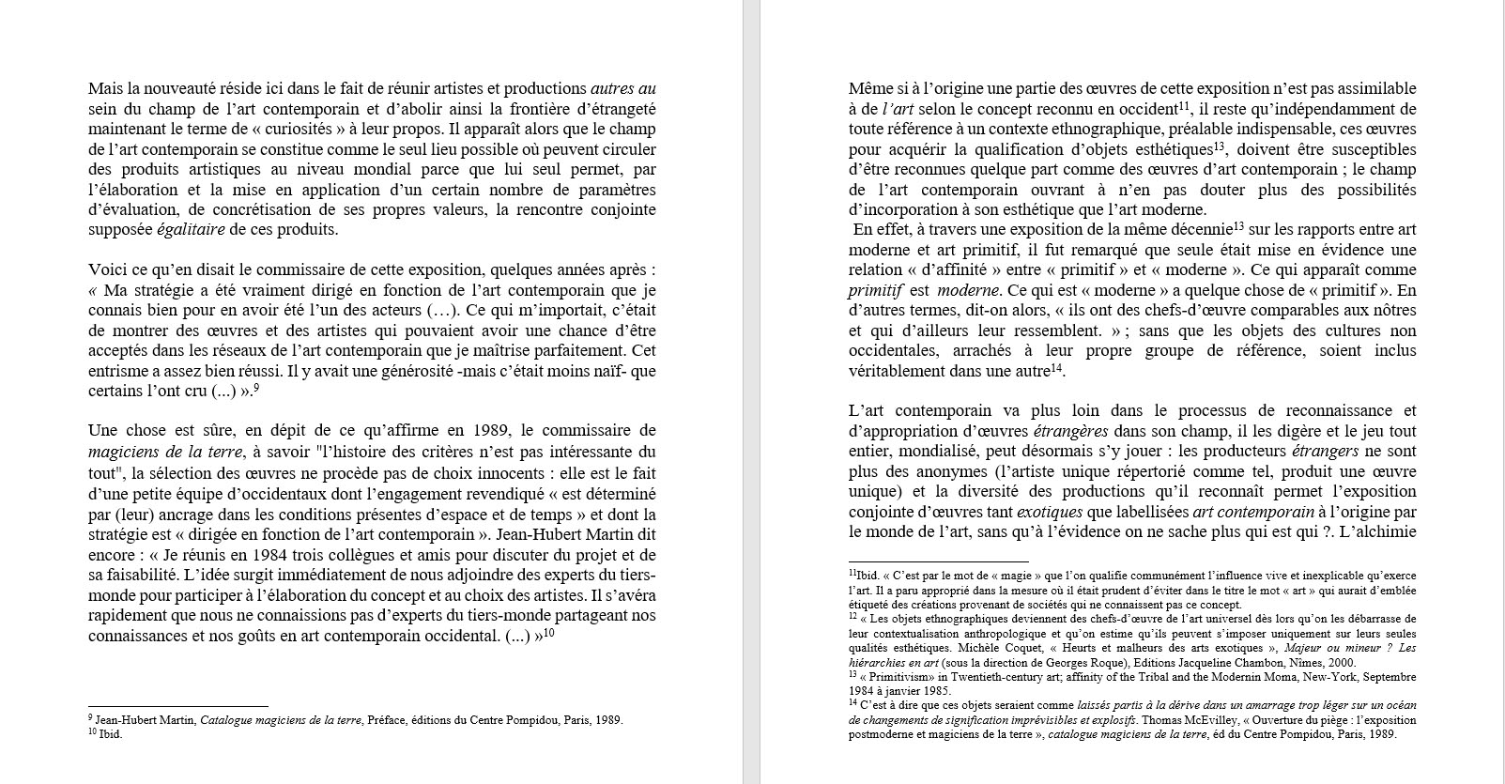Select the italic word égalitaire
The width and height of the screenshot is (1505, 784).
(x=191, y=230)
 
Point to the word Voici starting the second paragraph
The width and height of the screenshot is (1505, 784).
(x=107, y=270)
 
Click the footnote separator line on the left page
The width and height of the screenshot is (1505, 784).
(x=178, y=705)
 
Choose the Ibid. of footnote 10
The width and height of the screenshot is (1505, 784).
(x=111, y=734)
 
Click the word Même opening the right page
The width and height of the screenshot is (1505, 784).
(x=869, y=88)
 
